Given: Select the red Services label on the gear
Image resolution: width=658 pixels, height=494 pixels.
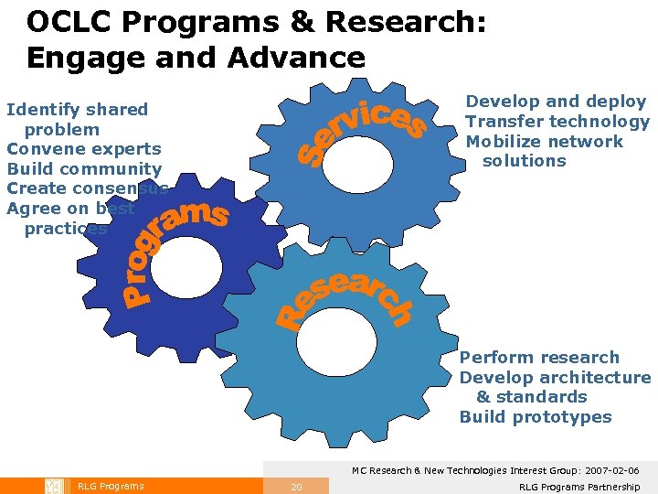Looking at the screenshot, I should (362, 133).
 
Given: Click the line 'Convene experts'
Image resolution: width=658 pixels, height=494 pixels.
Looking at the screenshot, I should (84, 149).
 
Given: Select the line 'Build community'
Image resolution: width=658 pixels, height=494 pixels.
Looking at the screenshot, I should (84, 169).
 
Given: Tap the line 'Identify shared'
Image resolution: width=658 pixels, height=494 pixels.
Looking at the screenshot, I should (77, 110).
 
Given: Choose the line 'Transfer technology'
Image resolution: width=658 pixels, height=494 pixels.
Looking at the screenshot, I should (557, 122).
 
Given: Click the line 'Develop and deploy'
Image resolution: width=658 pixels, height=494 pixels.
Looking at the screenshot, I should (556, 102).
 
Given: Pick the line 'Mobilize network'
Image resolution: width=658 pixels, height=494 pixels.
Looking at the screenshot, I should (545, 142).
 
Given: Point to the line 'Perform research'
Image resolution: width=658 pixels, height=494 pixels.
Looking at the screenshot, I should (539, 358).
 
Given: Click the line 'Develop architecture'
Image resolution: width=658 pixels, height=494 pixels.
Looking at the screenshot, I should (555, 378).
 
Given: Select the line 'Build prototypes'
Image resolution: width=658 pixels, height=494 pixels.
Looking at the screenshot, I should (536, 417).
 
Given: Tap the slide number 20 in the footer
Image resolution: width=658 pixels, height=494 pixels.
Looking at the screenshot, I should (296, 487).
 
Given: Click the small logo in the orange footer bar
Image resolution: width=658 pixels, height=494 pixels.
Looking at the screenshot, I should (53, 486).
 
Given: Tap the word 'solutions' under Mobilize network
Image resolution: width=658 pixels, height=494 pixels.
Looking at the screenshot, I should (525, 161).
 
